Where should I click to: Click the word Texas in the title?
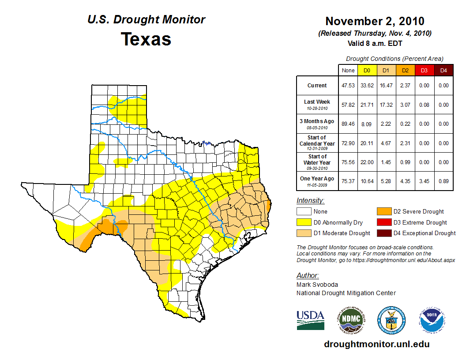(146, 39)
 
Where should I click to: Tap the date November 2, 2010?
(375, 21)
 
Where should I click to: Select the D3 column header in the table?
(424, 70)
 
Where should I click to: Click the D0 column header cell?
(367, 70)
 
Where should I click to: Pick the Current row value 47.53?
(348, 86)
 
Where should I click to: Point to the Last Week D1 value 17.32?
(386, 105)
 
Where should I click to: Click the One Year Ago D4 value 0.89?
(443, 181)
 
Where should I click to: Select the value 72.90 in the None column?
(348, 143)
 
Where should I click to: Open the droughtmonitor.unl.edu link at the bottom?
(376, 344)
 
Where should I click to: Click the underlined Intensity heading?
(310, 201)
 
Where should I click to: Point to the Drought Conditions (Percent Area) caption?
(395, 59)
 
